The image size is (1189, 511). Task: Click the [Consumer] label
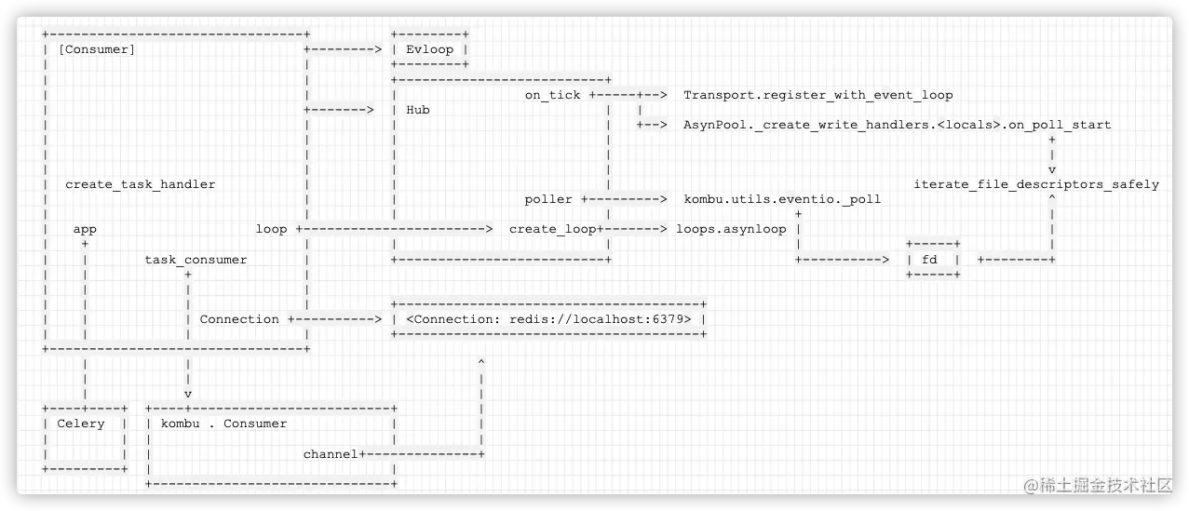(x=97, y=49)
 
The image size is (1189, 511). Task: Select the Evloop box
(x=429, y=49)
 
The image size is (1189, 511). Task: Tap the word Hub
(x=418, y=110)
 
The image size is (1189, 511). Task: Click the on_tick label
(x=552, y=95)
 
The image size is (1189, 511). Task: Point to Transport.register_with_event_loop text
(x=817, y=95)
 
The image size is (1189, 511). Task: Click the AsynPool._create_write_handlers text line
(x=897, y=125)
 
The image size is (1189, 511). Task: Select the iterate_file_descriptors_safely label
(x=1036, y=184)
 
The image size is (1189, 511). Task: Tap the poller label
(x=548, y=199)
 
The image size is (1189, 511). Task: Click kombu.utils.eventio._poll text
(x=782, y=199)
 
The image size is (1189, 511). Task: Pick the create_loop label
(x=552, y=229)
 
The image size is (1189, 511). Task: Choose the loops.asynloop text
(x=731, y=229)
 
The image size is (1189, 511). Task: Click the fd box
(x=932, y=260)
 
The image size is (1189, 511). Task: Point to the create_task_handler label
(x=140, y=184)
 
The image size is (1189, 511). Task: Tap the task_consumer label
(x=196, y=260)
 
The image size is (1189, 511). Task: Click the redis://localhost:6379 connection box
(x=548, y=319)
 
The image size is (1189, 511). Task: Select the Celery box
(x=84, y=438)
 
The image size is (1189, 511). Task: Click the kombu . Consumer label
(x=223, y=424)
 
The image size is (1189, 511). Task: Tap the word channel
(x=331, y=454)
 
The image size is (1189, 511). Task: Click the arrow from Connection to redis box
(x=336, y=319)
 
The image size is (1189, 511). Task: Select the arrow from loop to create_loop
(x=395, y=229)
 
